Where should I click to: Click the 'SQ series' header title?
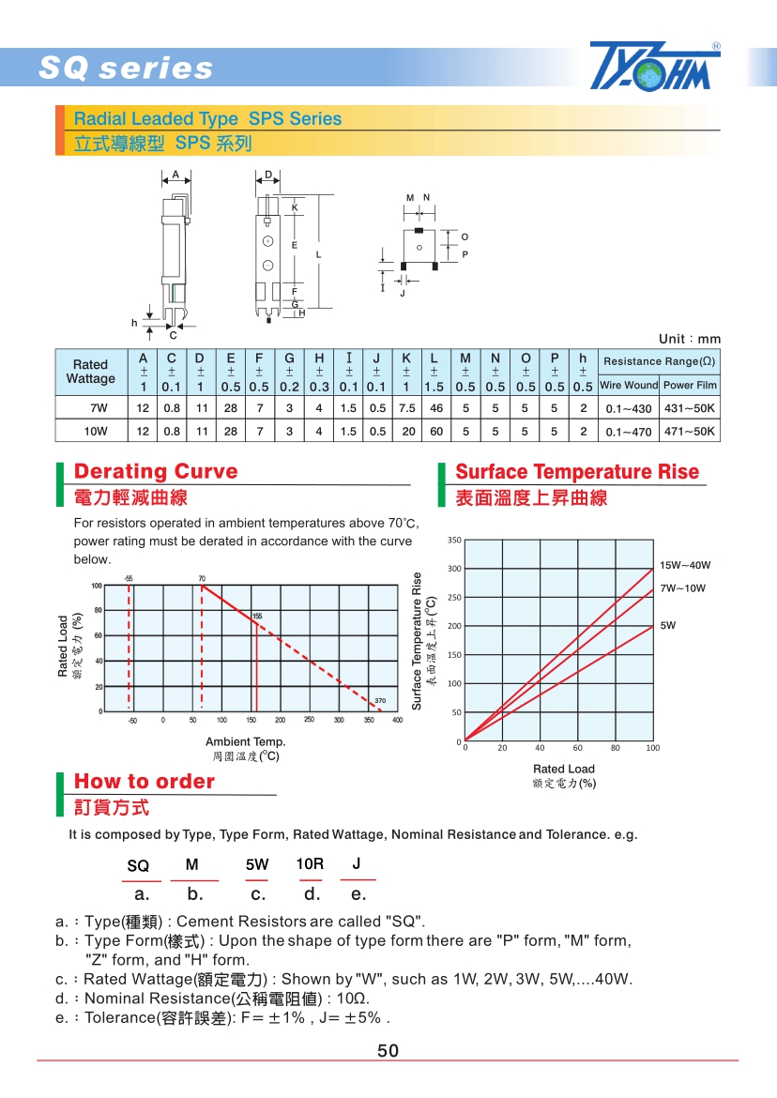[126, 69]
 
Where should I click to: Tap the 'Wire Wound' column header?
[628, 385]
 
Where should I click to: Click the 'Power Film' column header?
[690, 385]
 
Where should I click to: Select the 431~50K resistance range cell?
[690, 408]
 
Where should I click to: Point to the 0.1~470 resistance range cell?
[628, 432]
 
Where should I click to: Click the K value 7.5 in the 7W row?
[406, 408]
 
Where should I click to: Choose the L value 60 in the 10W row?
[435, 432]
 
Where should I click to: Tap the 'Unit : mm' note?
[690, 339]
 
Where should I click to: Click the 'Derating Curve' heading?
[156, 471]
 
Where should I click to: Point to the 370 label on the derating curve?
[380, 701]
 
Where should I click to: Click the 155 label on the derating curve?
[257, 616]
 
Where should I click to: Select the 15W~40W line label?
[684, 565]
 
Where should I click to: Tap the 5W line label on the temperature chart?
[667, 624]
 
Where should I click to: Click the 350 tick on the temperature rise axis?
[454, 541]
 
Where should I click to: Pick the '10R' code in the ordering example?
[310, 863]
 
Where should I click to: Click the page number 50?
[388, 1051]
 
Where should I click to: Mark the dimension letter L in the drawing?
[318, 254]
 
